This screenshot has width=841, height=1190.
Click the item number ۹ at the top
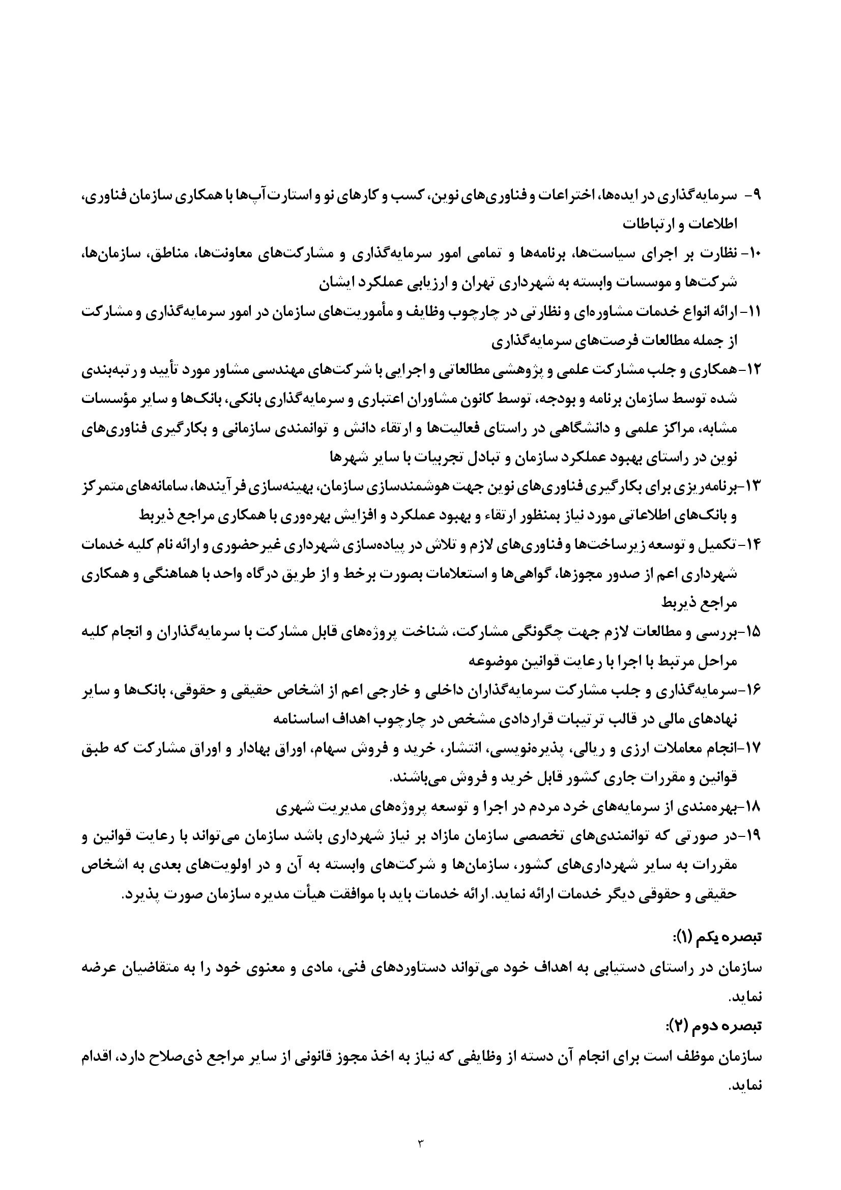click(x=755, y=196)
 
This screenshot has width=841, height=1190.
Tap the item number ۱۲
click(x=751, y=371)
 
